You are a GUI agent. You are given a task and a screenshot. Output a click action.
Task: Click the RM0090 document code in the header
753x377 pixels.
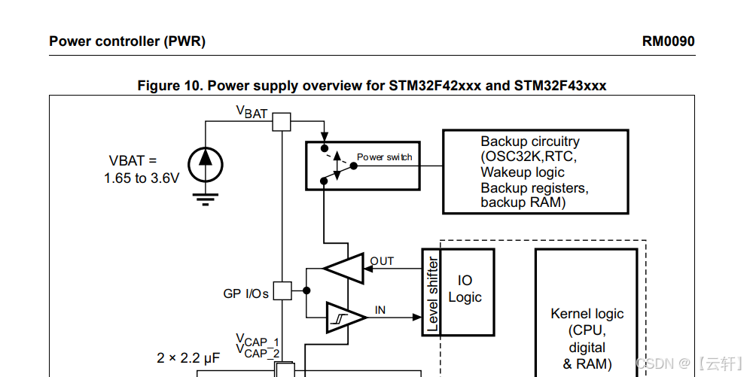click(668, 41)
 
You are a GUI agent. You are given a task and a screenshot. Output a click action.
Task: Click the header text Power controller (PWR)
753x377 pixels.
click(127, 41)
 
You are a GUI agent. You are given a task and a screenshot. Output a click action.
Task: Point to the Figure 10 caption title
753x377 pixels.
click(371, 85)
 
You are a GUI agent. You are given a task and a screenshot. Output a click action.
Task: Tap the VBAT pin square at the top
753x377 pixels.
click(281, 122)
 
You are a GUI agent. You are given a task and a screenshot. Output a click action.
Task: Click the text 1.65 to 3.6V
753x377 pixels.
click(142, 178)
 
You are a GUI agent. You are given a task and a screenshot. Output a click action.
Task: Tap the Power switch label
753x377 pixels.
click(384, 157)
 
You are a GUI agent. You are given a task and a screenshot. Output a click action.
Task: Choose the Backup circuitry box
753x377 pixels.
click(535, 172)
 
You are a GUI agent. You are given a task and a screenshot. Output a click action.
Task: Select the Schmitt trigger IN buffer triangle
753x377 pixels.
click(345, 317)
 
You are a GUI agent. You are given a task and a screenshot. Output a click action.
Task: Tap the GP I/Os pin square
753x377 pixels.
click(281, 291)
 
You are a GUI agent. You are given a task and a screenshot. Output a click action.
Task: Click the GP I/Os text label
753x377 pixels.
click(245, 293)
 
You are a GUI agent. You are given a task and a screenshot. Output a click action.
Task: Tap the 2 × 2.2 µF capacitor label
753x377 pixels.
click(188, 357)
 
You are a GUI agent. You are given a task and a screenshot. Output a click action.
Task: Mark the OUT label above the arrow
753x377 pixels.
click(382, 261)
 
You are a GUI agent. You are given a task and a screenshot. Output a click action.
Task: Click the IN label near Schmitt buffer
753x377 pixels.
click(380, 310)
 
